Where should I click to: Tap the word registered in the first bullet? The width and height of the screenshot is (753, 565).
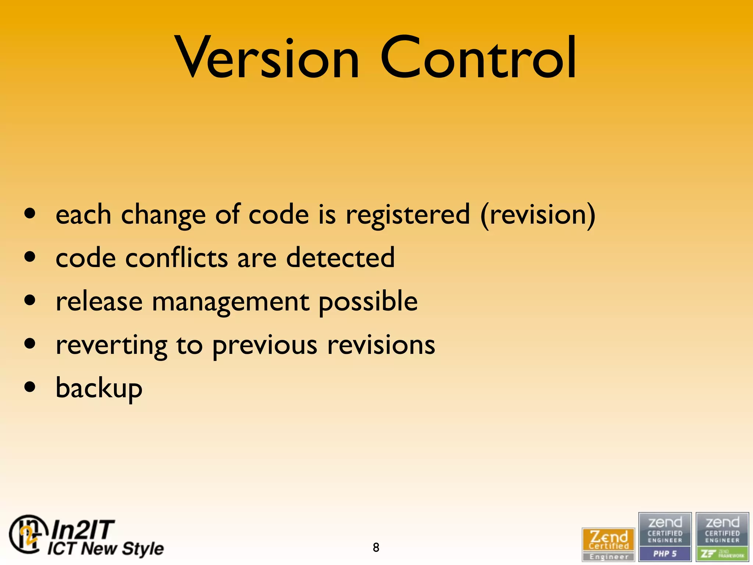pos(407,215)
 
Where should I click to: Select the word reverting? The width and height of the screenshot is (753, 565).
pos(111,346)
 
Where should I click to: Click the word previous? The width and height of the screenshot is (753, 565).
pos(265,346)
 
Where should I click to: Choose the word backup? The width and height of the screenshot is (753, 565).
pos(99,389)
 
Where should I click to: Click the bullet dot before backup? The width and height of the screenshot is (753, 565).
pos(30,387)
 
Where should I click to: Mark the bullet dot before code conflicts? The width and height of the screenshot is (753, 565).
pos(30,256)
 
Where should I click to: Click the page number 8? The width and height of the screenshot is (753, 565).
pos(376,547)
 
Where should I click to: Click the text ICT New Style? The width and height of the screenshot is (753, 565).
pos(106,548)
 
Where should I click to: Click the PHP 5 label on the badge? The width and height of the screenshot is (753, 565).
pos(665,554)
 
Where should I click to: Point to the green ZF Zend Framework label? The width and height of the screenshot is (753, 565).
pos(722,554)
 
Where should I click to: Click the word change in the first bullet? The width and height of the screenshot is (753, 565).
pos(163,215)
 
